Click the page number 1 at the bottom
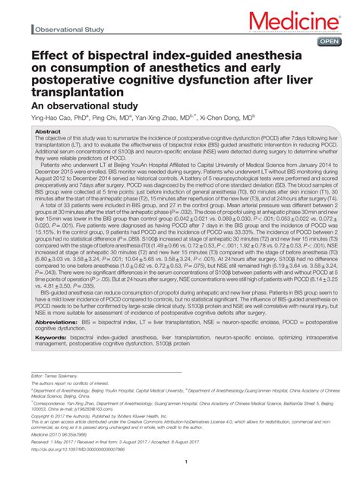tap(180, 461)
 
